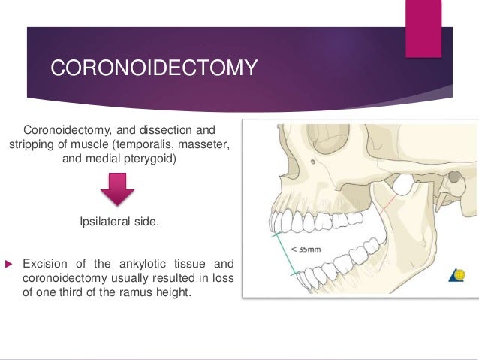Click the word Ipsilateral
pyautogui.click(x=107, y=222)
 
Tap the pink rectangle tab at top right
pyautogui.click(x=423, y=28)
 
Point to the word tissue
pyautogui.click(x=191, y=264)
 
